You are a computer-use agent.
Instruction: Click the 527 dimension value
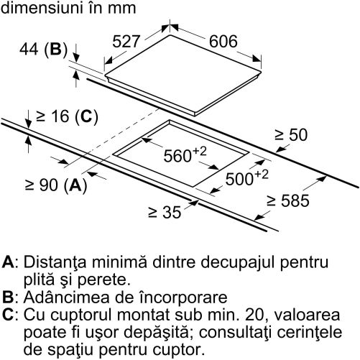126,42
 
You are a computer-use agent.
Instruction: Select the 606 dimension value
223,42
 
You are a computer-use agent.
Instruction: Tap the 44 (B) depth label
44,50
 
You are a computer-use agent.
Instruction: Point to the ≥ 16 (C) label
67,116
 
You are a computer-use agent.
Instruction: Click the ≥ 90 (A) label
56,185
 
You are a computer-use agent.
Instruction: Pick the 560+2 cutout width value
185,154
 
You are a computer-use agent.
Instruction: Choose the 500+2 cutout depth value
246,177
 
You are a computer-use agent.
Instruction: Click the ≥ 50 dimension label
291,134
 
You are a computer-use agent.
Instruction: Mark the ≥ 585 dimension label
288,200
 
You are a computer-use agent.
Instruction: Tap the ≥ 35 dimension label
165,212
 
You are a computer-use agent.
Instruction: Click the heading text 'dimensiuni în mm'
68,8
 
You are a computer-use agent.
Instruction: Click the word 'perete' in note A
104,280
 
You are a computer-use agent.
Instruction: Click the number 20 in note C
257,315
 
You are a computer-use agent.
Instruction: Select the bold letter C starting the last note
8,315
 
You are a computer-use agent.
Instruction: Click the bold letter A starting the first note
8,262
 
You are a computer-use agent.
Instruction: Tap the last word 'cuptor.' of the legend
179,351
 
